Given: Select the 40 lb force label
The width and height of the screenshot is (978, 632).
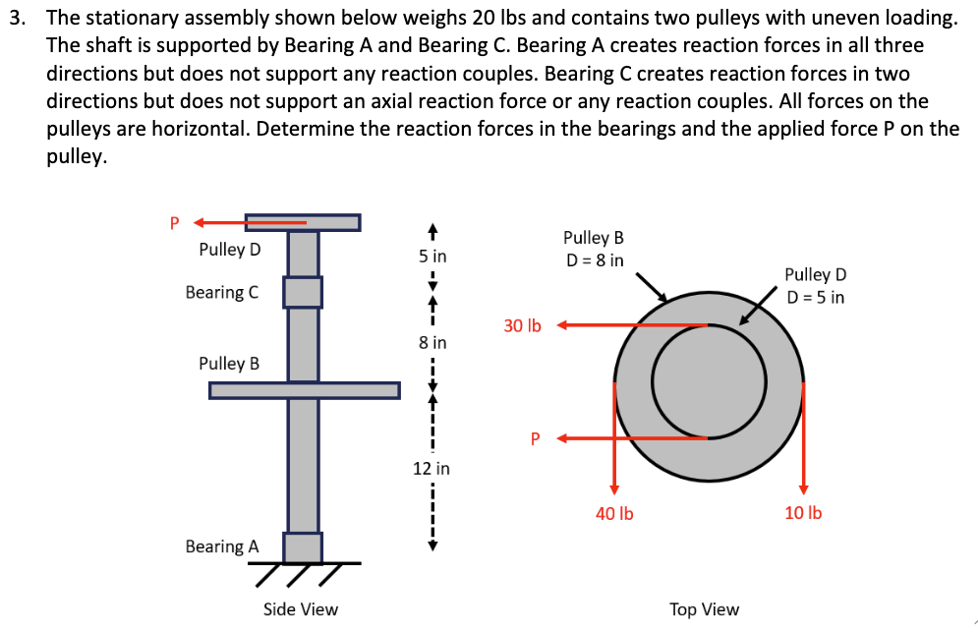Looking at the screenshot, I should coord(614,512).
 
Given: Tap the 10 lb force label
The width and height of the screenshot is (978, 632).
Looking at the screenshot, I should coord(803,512).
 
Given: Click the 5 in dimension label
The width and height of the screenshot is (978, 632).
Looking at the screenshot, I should coord(432,257).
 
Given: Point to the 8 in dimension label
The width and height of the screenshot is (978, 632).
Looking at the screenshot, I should coord(432,343).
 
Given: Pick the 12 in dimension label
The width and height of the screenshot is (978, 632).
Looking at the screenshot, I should coord(431,469).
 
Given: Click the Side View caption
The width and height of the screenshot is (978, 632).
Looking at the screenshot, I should coord(301,609).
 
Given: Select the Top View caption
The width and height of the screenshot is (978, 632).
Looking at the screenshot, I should coord(704,609).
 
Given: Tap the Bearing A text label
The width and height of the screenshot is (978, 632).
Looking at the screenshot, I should coord(222,546).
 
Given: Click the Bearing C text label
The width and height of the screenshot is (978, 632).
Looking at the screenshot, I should coord(222,293).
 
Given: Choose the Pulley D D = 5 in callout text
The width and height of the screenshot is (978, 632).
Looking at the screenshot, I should coord(815,286).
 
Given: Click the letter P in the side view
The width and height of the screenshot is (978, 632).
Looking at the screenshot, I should coord(175,222).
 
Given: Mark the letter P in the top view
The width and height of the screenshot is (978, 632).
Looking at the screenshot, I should coord(537,438).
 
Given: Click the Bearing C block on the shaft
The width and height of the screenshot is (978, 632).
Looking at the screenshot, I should coord(303,292).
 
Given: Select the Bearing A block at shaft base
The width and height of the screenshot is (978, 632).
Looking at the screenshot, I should coord(303,546).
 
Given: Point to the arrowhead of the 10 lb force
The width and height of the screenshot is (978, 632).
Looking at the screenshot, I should coord(803,489).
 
